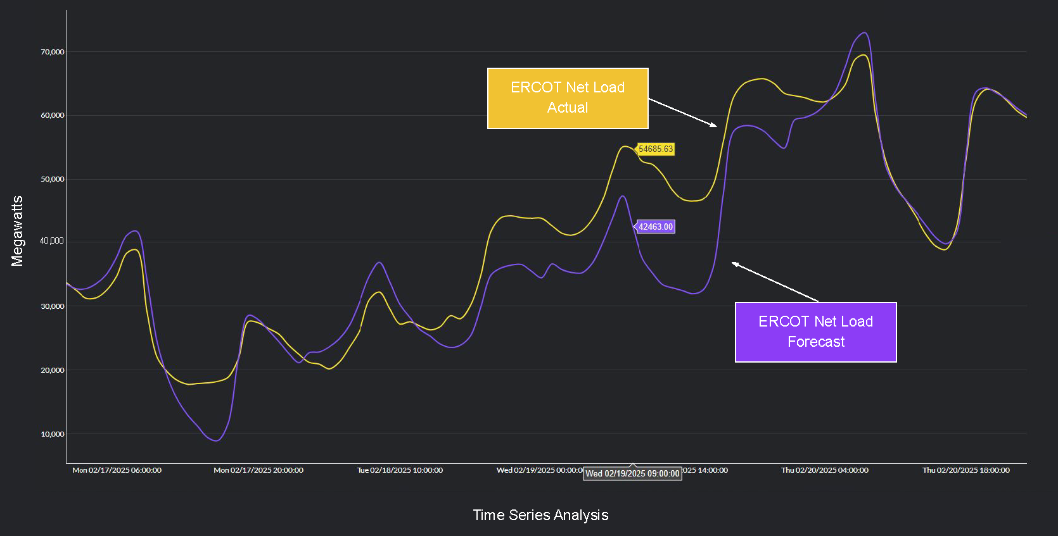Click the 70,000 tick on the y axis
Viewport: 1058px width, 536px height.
point(53,52)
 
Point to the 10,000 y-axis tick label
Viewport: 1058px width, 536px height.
point(53,434)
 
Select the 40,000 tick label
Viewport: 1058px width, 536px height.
point(52,241)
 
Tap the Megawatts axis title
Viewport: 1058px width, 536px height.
point(17,231)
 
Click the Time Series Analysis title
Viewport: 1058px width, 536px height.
point(540,515)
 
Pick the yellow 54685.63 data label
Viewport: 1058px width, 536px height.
point(656,149)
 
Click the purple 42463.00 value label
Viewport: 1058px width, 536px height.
point(656,227)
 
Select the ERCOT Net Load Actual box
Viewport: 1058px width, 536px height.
point(568,98)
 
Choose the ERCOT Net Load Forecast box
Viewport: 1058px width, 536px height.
point(815,332)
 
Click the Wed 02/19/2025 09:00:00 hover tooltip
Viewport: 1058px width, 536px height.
point(632,473)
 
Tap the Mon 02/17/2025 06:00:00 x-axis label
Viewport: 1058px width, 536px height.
point(117,470)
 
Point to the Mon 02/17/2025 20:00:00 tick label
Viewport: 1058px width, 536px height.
point(258,470)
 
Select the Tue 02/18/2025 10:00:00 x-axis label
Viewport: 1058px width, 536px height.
point(400,470)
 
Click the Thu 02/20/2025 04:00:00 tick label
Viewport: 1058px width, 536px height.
point(824,470)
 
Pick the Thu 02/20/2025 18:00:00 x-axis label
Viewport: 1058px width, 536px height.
point(966,470)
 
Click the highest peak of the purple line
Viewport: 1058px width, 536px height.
point(865,33)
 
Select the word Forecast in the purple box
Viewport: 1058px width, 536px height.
point(816,342)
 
